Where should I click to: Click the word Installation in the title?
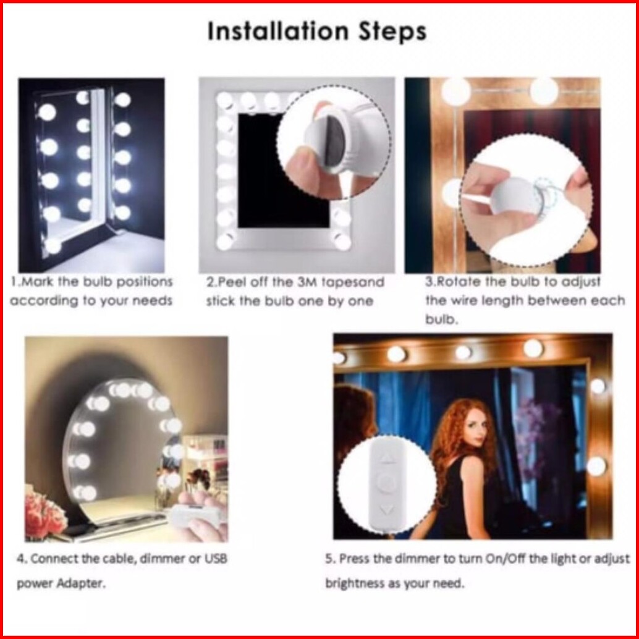tap(278, 32)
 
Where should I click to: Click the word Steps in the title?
tap(392, 32)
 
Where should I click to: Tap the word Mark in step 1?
tap(36, 282)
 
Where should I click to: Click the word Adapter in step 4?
tap(81, 583)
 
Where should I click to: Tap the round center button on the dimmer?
tap(386, 481)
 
